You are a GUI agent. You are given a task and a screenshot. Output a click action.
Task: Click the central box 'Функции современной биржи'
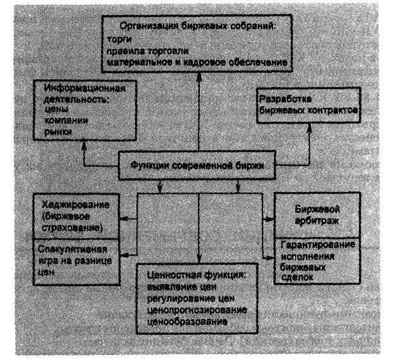[197, 167]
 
